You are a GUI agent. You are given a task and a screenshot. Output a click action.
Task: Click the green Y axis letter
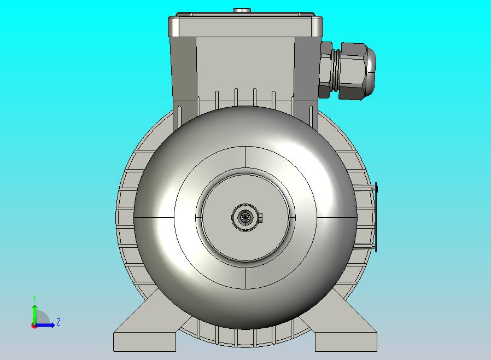[34, 298]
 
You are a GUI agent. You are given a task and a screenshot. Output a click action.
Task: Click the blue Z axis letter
[59, 322]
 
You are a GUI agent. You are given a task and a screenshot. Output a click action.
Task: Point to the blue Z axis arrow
[44, 326]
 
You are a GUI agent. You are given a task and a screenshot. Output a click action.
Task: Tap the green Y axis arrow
[34, 315]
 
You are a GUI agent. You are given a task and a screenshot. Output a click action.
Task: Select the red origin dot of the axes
[34, 326]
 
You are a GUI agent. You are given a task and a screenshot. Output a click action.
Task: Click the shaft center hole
[244, 217]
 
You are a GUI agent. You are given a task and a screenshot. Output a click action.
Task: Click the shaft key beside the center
[260, 217]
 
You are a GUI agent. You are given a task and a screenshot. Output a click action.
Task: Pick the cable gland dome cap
[370, 71]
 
